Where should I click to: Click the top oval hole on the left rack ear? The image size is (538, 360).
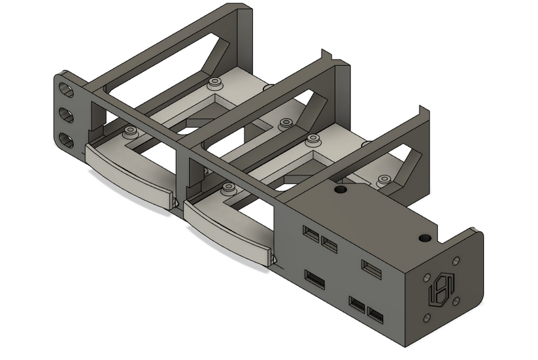pos(65,88)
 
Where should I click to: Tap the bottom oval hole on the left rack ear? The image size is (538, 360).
pos(67,140)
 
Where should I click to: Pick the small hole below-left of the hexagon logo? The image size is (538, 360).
pos(426,318)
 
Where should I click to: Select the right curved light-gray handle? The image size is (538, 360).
pos(227,229)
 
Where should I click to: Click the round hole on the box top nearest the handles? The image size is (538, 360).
pos(339,189)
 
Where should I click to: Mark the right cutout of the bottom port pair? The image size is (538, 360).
pos(376,316)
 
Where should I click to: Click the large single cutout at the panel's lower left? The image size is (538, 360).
pos(315,280)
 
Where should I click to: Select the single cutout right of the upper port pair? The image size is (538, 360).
pos(371,269)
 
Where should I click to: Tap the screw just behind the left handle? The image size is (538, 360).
pos(130,131)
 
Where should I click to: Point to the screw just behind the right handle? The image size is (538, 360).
pos(228,188)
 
